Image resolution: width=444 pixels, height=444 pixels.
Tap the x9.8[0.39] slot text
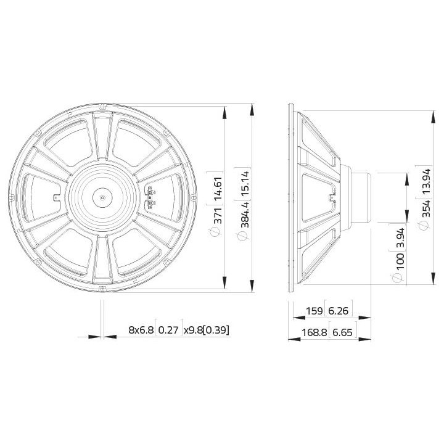point(207,331)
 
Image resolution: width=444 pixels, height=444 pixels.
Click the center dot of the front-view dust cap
point(102,198)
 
